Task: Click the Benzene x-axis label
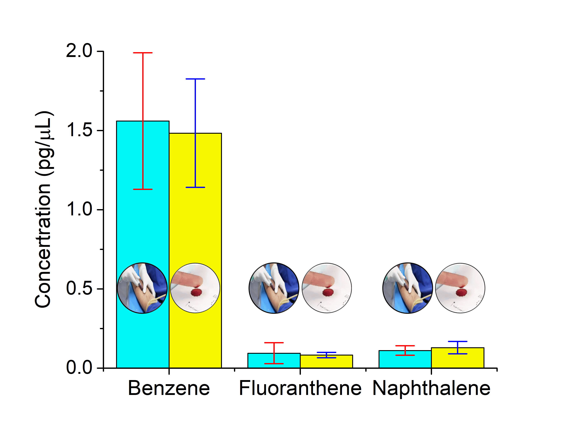pos(169,388)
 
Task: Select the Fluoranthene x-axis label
pos(300,388)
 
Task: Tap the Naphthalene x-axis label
pos(431,388)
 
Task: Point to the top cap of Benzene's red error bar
pos(143,53)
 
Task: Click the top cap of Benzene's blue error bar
pos(195,79)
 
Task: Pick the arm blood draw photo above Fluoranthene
pos(274,288)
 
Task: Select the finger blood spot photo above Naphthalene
pos(460,288)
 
